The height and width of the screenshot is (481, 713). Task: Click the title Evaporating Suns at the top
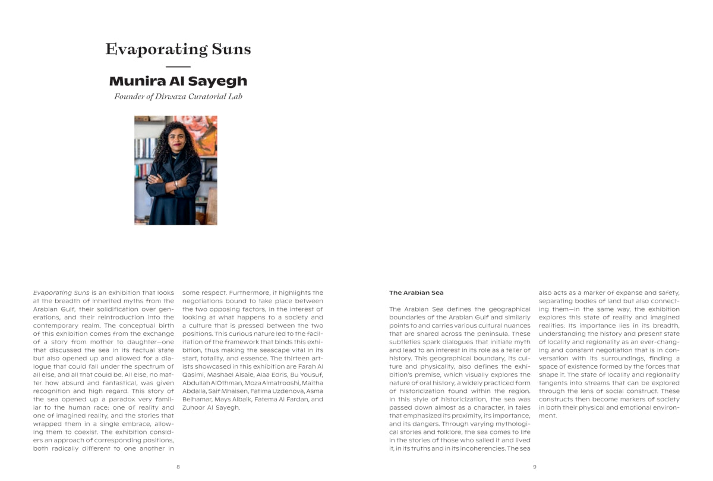[178, 49]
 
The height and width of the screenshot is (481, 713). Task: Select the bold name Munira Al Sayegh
[178, 81]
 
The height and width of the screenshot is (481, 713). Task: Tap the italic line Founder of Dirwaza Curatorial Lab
[178, 96]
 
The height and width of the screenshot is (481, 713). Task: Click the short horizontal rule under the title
[178, 67]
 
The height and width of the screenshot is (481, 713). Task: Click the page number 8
[178, 467]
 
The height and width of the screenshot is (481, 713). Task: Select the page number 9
[534, 467]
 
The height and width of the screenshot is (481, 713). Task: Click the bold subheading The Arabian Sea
[416, 293]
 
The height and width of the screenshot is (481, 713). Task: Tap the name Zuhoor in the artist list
[194, 407]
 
